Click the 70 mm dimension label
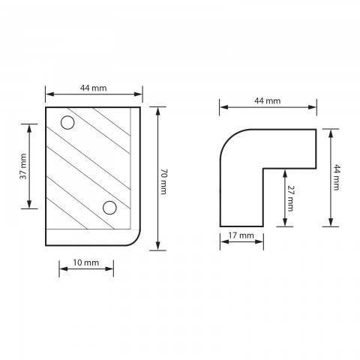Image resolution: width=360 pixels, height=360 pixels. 163,181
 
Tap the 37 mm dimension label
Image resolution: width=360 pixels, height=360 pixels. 23,166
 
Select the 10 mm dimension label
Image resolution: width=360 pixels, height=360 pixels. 86,262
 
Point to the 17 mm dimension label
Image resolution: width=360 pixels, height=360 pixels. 241,235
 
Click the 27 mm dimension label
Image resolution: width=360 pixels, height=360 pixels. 290,199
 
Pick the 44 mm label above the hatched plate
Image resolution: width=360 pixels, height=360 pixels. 93,88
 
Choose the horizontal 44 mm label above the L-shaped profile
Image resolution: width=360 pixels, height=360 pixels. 267,100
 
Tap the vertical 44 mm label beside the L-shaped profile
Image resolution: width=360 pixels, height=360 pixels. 337,177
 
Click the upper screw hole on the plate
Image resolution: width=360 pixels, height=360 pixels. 67,123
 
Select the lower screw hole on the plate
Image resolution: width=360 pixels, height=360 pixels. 109,208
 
